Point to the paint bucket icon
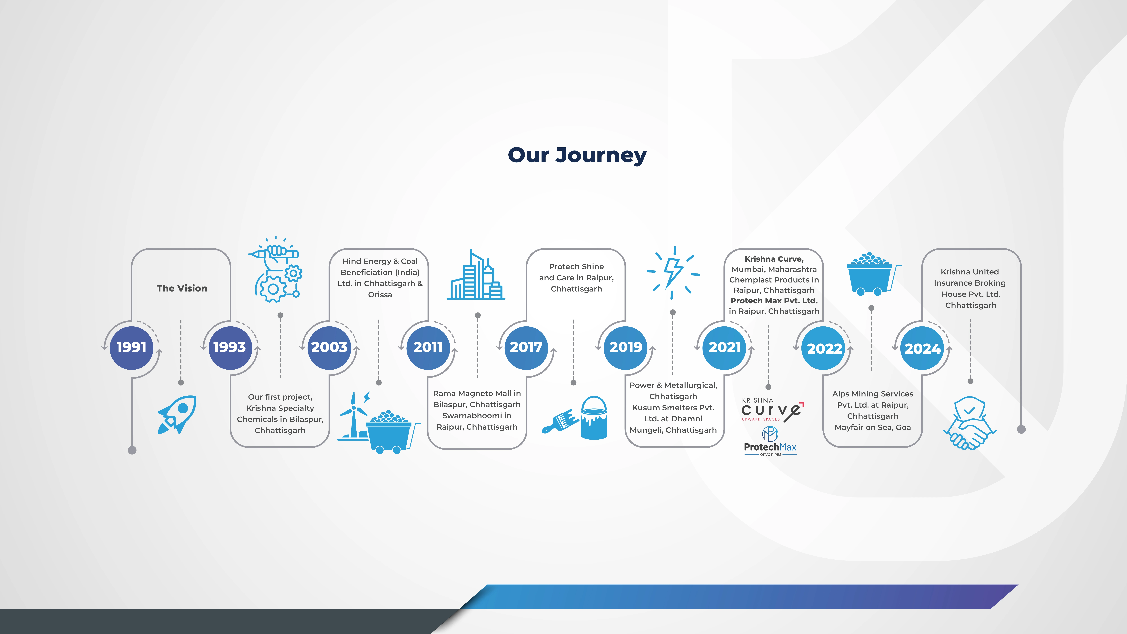pyautogui.click(x=594, y=418)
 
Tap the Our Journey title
pyautogui.click(x=577, y=155)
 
